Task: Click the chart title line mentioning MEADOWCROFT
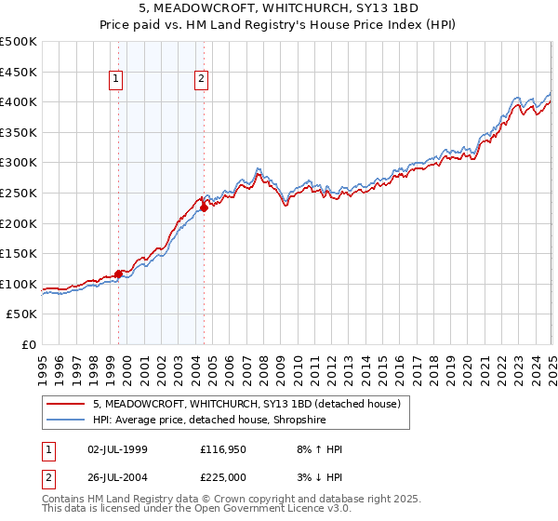point(278,8)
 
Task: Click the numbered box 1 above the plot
point(116,80)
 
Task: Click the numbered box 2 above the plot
point(201,80)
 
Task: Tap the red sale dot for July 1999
point(118,274)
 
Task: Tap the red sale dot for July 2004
point(205,208)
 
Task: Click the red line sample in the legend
point(66,404)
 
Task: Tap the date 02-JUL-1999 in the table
point(121,449)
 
